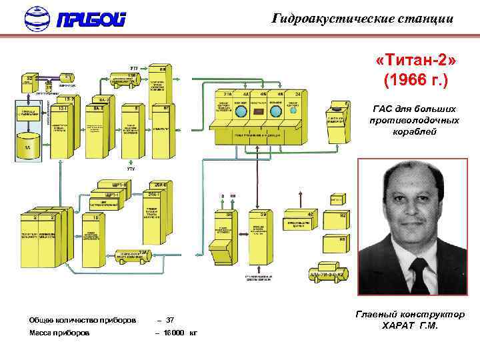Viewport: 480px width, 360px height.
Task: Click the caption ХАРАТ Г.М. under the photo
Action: tap(409, 326)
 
